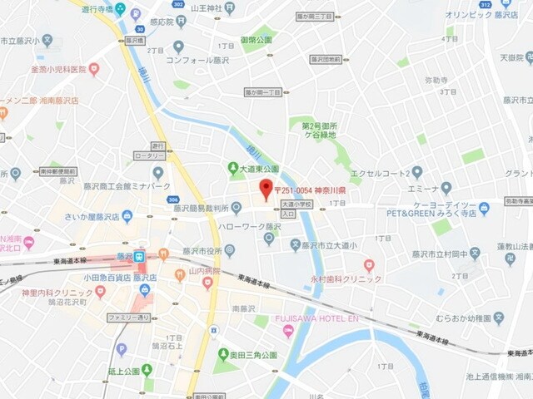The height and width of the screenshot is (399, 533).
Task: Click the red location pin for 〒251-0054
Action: pyautogui.click(x=266, y=189)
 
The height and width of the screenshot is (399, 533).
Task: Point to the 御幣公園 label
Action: pyautogui.click(x=257, y=39)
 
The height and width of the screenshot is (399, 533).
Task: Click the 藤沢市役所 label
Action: pyautogui.click(x=202, y=251)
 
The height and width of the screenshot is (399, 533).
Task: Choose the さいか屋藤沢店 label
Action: pyautogui.click(x=92, y=217)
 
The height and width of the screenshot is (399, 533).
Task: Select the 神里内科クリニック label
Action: pyautogui.click(x=57, y=293)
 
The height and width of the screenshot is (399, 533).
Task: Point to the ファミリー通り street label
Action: pyautogui.click(x=128, y=318)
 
